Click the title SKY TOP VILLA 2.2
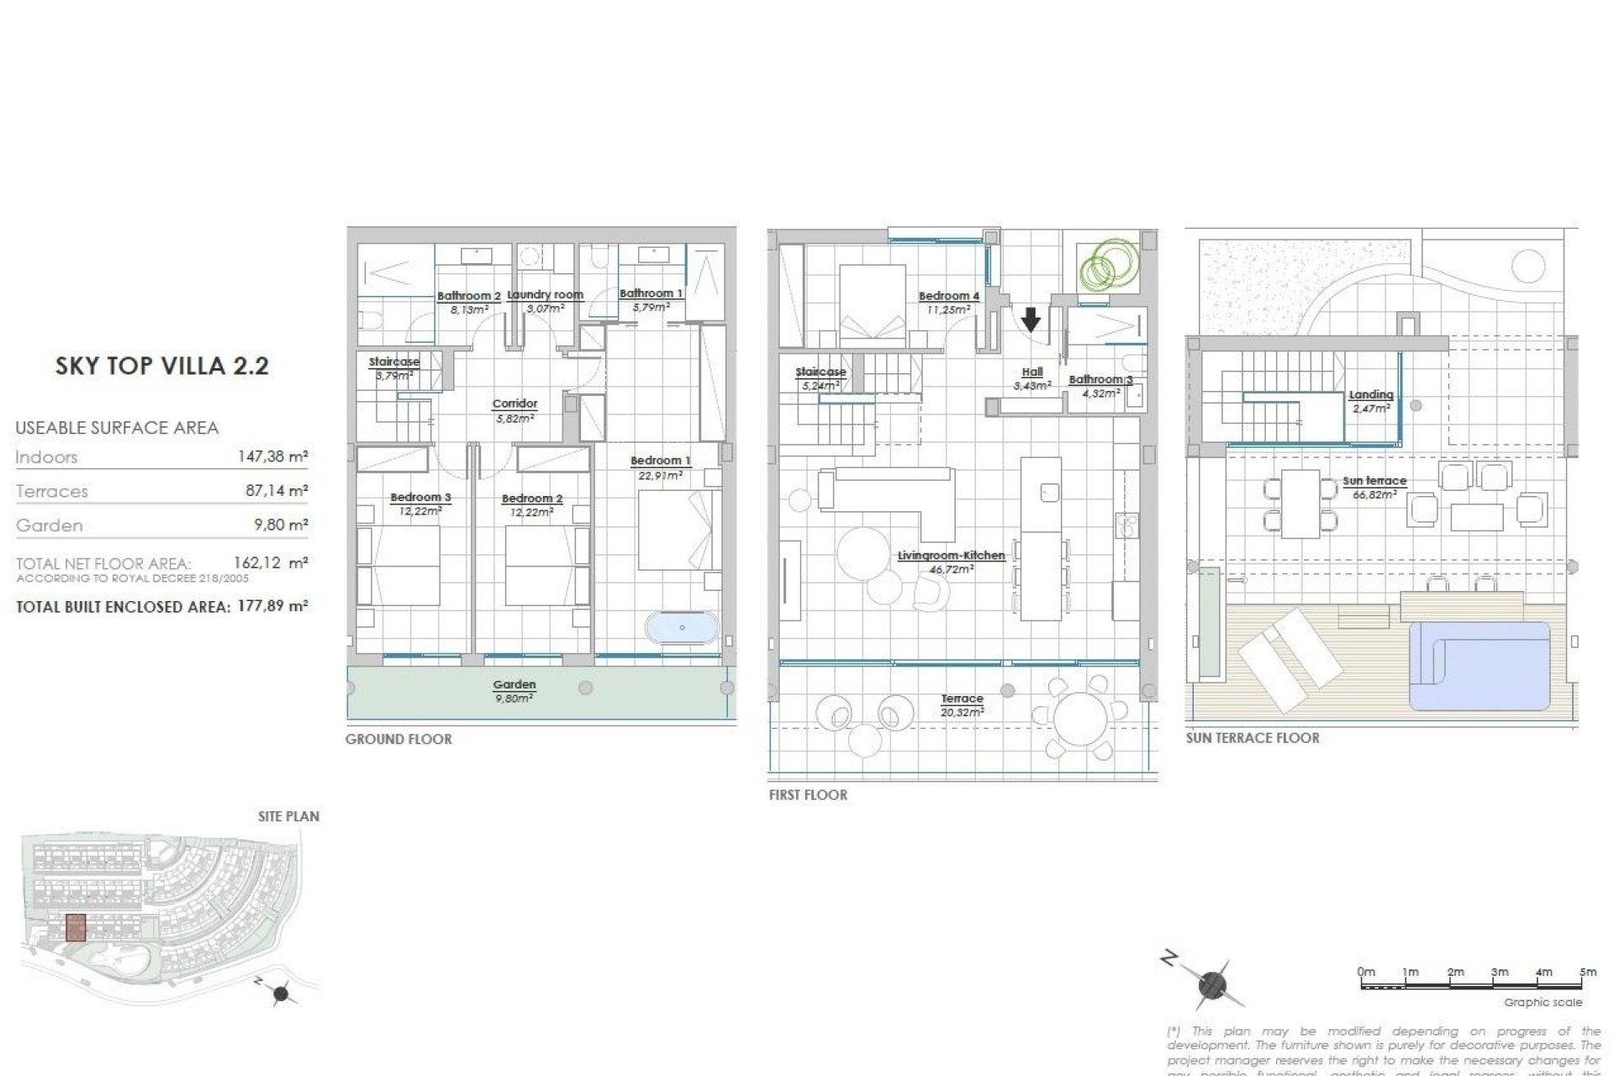click(162, 367)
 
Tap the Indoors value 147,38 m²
click(273, 457)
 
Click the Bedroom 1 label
click(660, 461)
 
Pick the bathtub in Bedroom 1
click(682, 627)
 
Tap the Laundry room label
click(545, 295)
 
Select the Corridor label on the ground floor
click(514, 404)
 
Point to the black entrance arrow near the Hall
click(1031, 320)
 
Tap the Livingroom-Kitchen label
click(951, 556)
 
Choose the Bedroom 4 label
click(948, 296)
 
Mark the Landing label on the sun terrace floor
click(1371, 395)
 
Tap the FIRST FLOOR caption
click(808, 795)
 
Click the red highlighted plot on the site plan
click(76, 927)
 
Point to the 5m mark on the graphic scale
click(1587, 973)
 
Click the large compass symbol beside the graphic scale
click(1212, 984)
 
